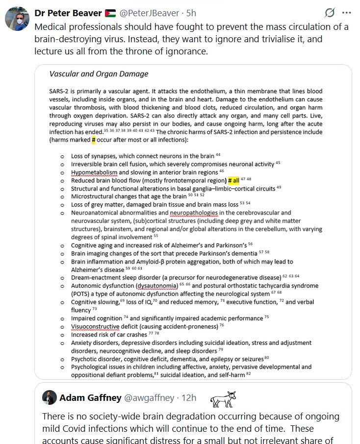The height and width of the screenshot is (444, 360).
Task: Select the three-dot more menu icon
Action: [x=347, y=13]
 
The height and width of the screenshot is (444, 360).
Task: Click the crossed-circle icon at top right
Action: [x=330, y=13]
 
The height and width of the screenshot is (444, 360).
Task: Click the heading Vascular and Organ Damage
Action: [x=99, y=74]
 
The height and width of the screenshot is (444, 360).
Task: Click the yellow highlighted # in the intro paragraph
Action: [x=93, y=140]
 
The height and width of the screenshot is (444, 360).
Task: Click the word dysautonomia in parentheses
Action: [x=156, y=285]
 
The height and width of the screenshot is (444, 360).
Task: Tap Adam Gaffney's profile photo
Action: [x=49, y=397]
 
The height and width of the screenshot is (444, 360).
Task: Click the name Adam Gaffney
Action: [x=90, y=398]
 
